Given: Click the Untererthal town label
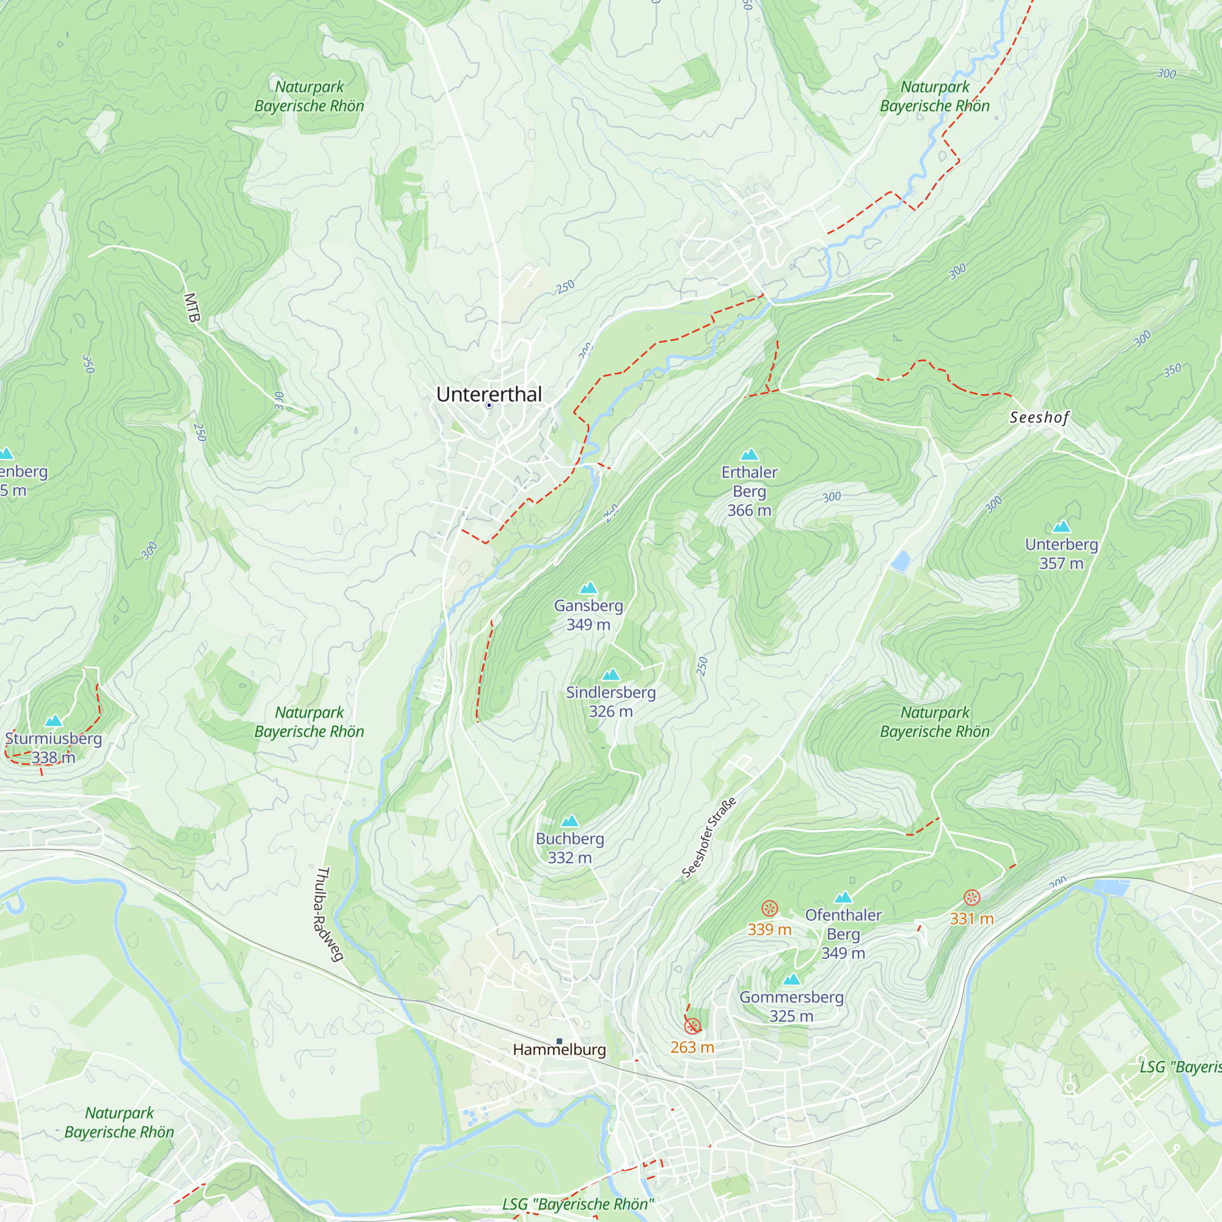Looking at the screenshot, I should point(489,394).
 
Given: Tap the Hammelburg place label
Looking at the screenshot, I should point(559,1050).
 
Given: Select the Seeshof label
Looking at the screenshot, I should point(1039,417).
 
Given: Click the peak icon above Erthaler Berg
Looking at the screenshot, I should point(749,454).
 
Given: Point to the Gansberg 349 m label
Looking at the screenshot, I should point(588,615).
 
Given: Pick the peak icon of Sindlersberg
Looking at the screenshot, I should point(610,675).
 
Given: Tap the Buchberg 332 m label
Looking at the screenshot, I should point(569,848).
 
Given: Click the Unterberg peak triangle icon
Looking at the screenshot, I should point(1061,526).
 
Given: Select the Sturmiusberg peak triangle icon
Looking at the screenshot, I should point(54,720).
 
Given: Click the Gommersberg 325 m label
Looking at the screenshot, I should point(791,1006).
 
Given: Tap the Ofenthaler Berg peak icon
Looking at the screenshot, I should point(843,898).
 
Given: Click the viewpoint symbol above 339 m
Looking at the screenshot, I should point(769,909).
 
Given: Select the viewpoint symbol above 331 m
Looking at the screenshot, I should point(971,898).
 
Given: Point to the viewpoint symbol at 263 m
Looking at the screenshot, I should point(693,1026).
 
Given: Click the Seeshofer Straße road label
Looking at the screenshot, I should point(709,838).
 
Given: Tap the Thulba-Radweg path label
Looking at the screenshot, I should point(329,915).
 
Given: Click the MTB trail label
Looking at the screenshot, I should point(192,308).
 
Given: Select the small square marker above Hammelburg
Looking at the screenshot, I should point(559,1041).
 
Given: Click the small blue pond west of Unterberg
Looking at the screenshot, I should point(900,560).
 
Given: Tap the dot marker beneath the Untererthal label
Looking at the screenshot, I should point(489,406).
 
